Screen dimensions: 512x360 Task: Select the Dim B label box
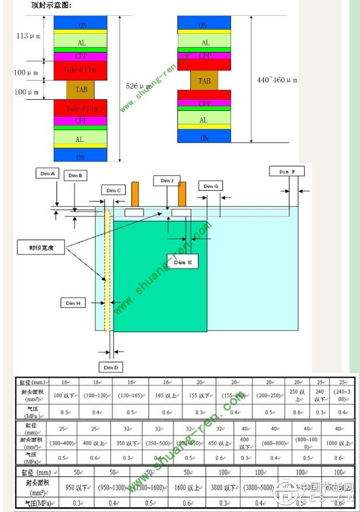pos(75,175)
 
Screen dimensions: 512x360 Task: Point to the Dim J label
pos(167,180)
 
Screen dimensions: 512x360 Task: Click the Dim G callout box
pos(211,186)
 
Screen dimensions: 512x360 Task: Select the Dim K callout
pos(182,263)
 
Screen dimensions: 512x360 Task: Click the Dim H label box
pos(73,303)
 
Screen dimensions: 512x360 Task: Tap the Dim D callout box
pos(111,367)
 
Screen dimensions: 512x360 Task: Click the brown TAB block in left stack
pos(81,90)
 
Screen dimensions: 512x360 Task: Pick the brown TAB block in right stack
pos(204,81)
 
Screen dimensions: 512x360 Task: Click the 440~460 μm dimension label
pos(277,79)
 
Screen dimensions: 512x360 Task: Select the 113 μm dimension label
pos(28,36)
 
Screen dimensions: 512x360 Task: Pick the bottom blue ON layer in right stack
pos(204,137)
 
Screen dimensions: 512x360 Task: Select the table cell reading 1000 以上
pos(338,444)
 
